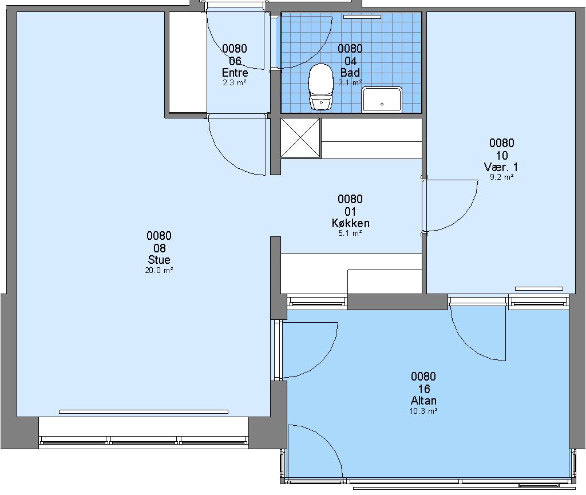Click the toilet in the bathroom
tap(320, 86)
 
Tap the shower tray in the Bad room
tap(382, 99)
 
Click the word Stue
tap(159, 260)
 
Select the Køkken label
tap(350, 223)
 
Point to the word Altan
tap(423, 401)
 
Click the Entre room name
tap(235, 73)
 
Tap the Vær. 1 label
tap(501, 167)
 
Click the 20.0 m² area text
tap(159, 270)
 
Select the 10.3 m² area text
tap(423, 411)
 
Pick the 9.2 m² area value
tap(501, 177)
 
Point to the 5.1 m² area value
tap(350, 233)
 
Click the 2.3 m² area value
tap(234, 82)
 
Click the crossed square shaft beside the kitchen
tap(300, 138)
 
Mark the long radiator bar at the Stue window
tap(144, 411)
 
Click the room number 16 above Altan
tap(424, 389)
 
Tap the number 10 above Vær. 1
tap(501, 155)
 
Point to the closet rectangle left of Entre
tap(188, 62)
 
